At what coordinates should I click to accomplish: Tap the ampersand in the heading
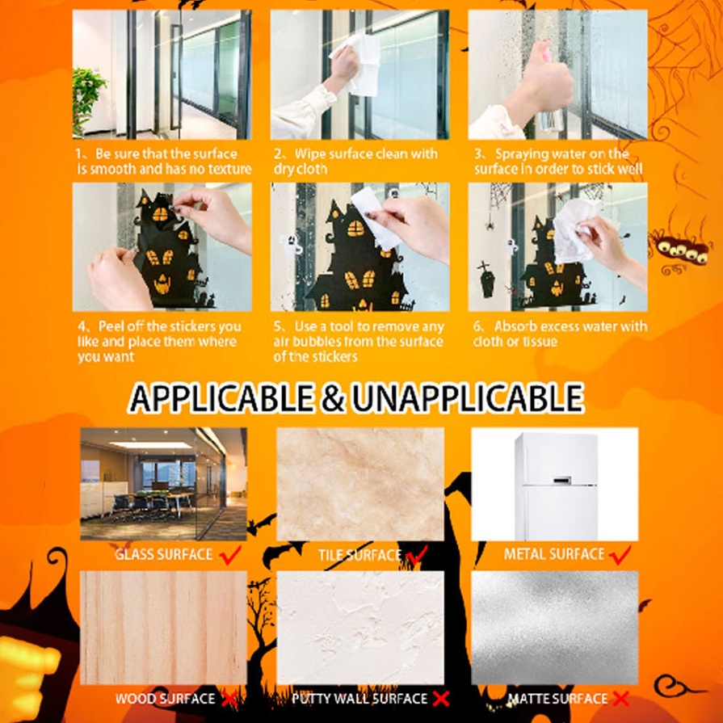pyautogui.click(x=333, y=398)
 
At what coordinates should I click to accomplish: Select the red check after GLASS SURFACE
pyautogui.click(x=230, y=555)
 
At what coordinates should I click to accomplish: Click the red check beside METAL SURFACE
pyautogui.click(x=620, y=555)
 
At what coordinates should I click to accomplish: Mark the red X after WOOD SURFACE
pyautogui.click(x=229, y=699)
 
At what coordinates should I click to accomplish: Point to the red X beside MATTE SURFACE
pyautogui.click(x=620, y=699)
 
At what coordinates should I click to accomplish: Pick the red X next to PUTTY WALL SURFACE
pyautogui.click(x=441, y=699)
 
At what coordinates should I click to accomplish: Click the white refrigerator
pyautogui.click(x=557, y=486)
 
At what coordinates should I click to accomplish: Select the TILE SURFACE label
pyautogui.click(x=359, y=555)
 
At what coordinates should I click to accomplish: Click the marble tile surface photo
pyautogui.click(x=360, y=484)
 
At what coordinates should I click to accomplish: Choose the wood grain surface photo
pyautogui.click(x=164, y=628)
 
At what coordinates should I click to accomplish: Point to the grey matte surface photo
pyautogui.click(x=555, y=628)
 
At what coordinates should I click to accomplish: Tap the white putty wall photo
pyautogui.click(x=360, y=628)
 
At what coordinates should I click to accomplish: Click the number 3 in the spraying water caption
pyautogui.click(x=478, y=154)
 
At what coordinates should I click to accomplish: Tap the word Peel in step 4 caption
pyautogui.click(x=111, y=326)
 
